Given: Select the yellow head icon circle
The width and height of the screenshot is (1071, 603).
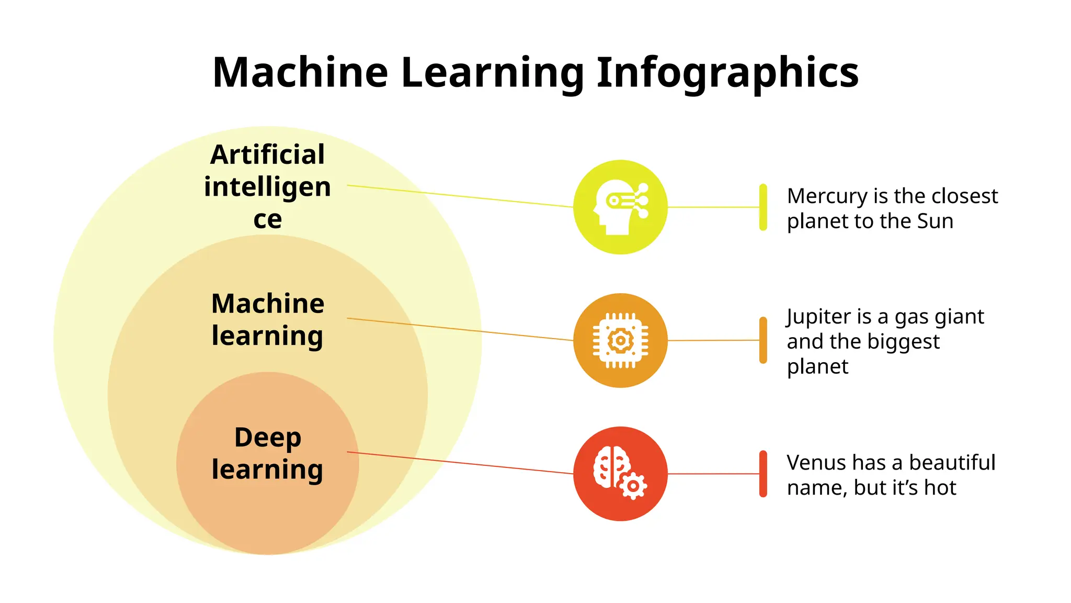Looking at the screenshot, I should (620, 207).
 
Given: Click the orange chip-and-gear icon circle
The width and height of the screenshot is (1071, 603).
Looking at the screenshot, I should (620, 340).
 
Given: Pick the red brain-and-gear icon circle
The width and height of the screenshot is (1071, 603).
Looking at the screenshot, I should (620, 474).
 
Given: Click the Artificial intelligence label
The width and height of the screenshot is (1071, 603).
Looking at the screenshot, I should (267, 186).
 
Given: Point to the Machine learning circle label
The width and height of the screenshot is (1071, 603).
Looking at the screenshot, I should (267, 319).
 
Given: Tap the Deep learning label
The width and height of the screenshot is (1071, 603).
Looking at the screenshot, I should (267, 453).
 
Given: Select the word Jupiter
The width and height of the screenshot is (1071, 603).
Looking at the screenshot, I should (818, 317).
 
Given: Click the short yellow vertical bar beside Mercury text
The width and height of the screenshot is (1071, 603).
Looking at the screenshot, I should (763, 207).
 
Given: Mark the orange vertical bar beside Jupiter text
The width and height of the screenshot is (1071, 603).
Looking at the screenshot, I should (763, 340).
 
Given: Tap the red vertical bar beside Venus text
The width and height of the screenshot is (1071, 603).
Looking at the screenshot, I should (763, 474).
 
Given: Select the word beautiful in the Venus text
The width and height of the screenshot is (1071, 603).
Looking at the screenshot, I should (952, 463).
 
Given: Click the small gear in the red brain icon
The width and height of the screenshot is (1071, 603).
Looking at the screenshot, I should (633, 486).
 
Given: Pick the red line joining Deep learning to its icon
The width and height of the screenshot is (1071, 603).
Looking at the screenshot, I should (460, 463).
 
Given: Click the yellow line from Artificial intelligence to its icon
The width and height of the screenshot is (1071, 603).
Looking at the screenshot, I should (460, 196).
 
